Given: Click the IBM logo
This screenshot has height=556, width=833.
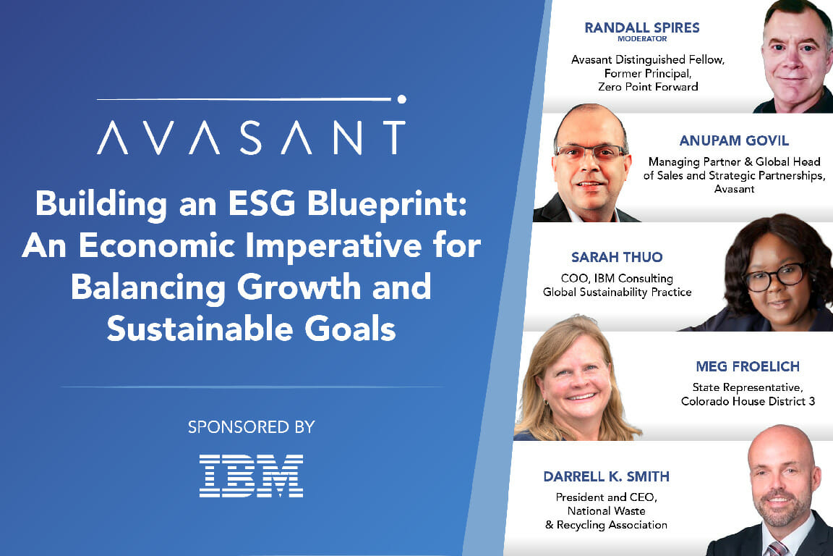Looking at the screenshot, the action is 252,476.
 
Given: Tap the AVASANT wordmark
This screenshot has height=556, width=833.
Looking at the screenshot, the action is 252,138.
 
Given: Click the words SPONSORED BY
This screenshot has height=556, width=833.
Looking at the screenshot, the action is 252,426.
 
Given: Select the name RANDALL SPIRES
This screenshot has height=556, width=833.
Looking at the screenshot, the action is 642,28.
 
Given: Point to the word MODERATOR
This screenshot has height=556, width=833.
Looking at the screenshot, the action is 642,39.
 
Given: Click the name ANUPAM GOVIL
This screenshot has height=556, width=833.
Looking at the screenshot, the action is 734,140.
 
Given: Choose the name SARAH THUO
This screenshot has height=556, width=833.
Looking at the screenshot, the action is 617,257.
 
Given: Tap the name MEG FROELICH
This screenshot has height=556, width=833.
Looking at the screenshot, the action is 748,366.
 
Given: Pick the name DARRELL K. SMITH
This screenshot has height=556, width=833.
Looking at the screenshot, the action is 606,476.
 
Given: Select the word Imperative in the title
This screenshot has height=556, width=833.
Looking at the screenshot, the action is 333,245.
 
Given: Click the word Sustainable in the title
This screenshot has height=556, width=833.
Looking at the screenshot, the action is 200,328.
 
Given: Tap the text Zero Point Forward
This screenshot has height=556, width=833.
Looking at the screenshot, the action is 648,87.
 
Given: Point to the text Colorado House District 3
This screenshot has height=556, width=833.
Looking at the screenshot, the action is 748,401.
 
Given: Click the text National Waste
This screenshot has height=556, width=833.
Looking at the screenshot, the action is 606,511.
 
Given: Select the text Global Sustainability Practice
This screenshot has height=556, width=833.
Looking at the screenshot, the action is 617,292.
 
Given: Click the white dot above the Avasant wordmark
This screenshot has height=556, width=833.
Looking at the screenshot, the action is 401,99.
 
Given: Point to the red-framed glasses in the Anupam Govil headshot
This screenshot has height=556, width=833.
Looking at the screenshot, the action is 590,153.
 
